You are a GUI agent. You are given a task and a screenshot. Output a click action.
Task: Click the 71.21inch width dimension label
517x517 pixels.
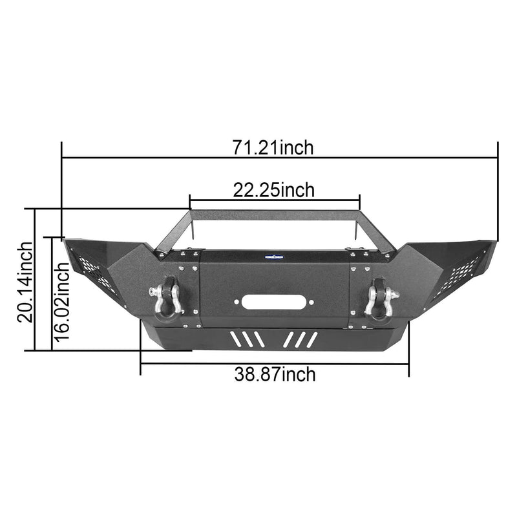(x=273, y=147)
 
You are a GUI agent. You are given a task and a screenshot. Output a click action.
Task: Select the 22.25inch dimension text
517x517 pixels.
(x=274, y=190)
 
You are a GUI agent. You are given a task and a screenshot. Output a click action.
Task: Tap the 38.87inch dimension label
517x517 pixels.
(x=275, y=374)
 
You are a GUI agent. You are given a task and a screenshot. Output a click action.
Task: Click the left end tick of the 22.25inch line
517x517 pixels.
(x=189, y=200)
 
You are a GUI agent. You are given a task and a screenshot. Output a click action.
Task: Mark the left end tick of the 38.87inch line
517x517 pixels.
(x=140, y=363)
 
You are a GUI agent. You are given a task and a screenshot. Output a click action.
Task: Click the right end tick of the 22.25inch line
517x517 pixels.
(x=359, y=200)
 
